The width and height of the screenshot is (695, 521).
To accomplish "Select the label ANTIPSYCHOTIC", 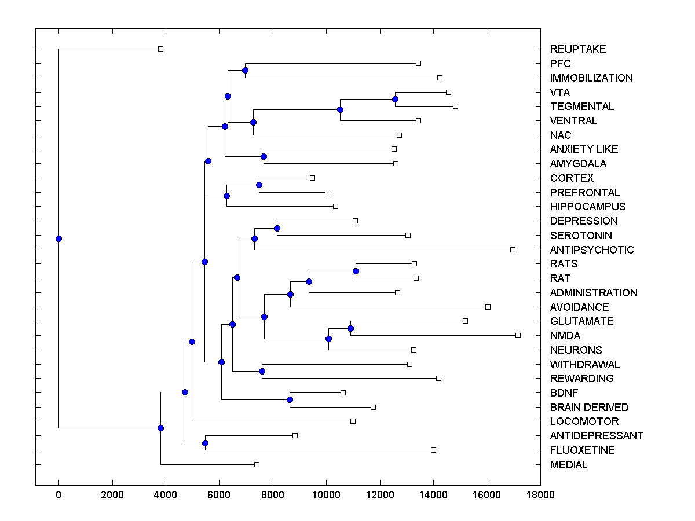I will coord(592,250).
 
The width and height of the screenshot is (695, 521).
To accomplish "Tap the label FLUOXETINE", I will coord(582,450).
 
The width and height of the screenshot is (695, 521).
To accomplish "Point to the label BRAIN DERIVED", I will coord(589,408).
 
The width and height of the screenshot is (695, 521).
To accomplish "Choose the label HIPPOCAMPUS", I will coord(588,207).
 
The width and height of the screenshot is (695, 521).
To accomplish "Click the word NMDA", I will coord(565,336).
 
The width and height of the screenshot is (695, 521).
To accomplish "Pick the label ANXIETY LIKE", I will coord(584,149).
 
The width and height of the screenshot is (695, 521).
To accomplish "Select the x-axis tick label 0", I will coord(58,494).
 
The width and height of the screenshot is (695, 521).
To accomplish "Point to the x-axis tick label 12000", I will coord(379,494).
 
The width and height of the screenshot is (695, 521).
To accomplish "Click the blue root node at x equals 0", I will coord(58,239).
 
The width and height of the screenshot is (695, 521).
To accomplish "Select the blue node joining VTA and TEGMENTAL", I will coord(395,99).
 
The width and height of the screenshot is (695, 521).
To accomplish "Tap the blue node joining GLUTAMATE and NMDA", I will coord(350,328).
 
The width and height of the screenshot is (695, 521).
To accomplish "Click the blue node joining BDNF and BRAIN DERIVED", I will coord(290,400).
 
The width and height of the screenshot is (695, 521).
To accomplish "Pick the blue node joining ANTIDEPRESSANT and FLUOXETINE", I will coord(205,443).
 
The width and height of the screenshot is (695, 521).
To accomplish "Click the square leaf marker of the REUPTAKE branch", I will coord(161,49).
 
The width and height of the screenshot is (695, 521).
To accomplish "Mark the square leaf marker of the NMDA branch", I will coord(518,335).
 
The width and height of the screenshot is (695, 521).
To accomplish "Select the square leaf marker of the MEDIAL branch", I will coord(257,464).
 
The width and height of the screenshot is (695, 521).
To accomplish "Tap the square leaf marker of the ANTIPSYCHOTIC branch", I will coord(513,250).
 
